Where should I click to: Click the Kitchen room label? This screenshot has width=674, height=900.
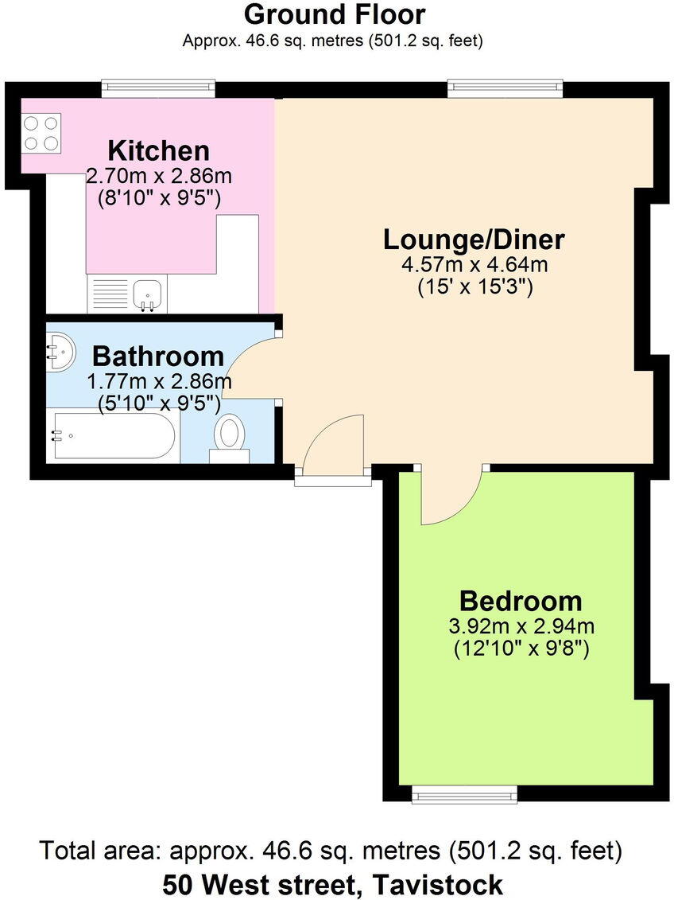click(x=158, y=150)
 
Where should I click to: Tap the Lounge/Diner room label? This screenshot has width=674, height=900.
click(x=474, y=239)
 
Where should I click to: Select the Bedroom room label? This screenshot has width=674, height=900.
click(x=520, y=600)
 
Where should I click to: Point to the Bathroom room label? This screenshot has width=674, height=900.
click(x=157, y=355)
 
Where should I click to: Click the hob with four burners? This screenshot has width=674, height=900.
click(x=41, y=133)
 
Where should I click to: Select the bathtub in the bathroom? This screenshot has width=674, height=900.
click(x=111, y=435)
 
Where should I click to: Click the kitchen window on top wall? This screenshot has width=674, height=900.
click(x=158, y=88)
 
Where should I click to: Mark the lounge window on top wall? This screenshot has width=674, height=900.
click(x=505, y=88)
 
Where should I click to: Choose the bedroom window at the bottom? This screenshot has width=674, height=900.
click(x=465, y=793)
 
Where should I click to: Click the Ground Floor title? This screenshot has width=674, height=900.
click(x=334, y=14)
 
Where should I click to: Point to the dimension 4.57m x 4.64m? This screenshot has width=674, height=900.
click(x=475, y=264)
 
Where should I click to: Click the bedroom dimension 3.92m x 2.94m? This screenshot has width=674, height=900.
click(x=521, y=626)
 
